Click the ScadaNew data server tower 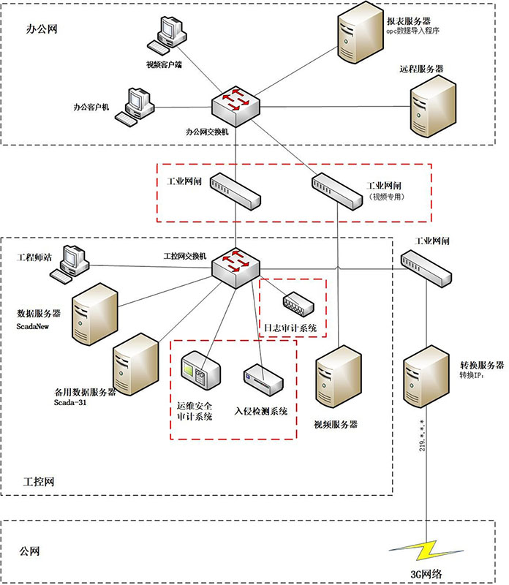pos(96,314)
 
